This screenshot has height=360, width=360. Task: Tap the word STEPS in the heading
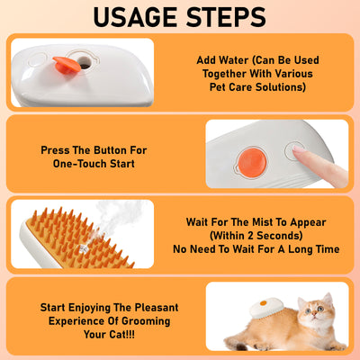coord(229,17)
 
